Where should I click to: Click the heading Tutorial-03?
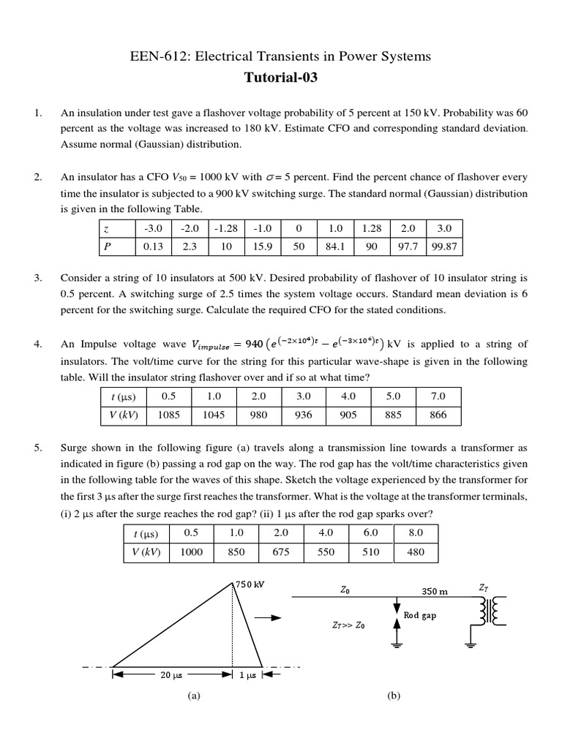click(281, 79)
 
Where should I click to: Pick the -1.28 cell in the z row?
click(227, 228)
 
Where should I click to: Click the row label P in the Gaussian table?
click(108, 246)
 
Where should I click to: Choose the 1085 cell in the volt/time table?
click(169, 414)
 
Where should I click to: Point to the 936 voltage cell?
click(304, 414)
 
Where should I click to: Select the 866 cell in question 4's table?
click(438, 414)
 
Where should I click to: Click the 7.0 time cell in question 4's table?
click(438, 396)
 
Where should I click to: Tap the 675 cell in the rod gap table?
click(281, 552)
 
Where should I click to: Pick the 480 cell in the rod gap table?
click(416, 552)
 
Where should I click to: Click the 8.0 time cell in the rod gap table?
click(416, 533)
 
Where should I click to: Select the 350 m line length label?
click(434, 590)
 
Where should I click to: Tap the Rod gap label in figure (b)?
click(419, 615)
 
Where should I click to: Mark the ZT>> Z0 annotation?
click(348, 625)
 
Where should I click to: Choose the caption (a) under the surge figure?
click(193, 696)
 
